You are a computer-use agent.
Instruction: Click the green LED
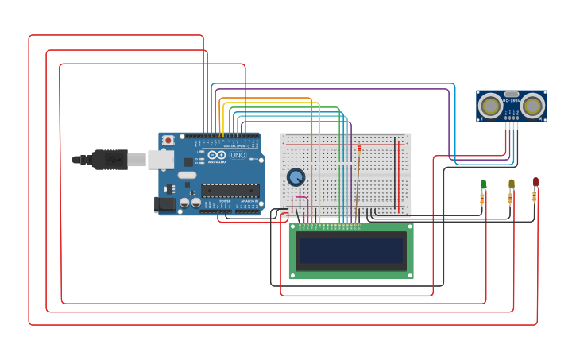coord(483,184)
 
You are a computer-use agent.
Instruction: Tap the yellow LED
coord(511,184)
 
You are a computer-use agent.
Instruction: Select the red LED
coord(535,182)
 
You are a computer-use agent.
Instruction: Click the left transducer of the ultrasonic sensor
coord(491,105)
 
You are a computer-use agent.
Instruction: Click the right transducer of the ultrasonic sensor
coord(532,105)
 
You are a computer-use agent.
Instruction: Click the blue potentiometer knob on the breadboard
coord(296,177)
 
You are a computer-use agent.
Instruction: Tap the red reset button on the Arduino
coord(168,141)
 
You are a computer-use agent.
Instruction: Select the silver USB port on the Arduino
coord(160,160)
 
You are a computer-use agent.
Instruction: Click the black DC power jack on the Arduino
coord(164,204)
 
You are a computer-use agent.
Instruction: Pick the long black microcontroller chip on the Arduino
coord(230,190)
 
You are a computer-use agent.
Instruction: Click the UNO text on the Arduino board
coord(238,155)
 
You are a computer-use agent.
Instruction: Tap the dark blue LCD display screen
coord(351,251)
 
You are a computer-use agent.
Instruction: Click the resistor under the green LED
coord(482,199)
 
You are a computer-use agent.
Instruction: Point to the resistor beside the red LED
coord(534,196)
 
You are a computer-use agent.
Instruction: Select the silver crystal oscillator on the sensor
coord(512,94)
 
